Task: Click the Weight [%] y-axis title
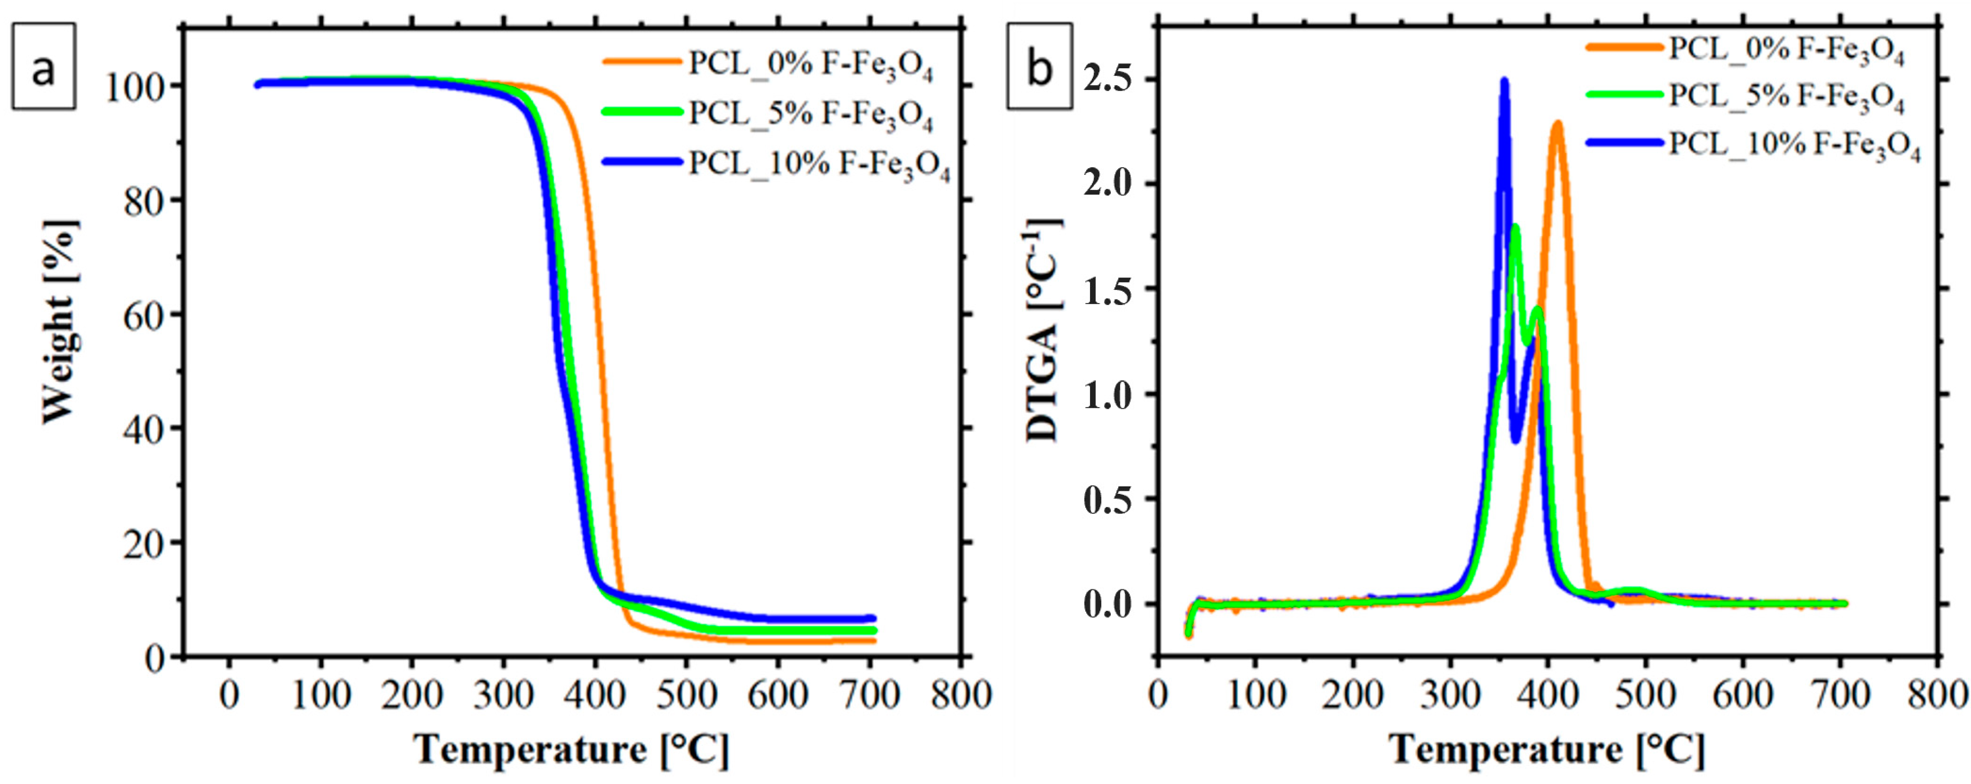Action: coord(60,322)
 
